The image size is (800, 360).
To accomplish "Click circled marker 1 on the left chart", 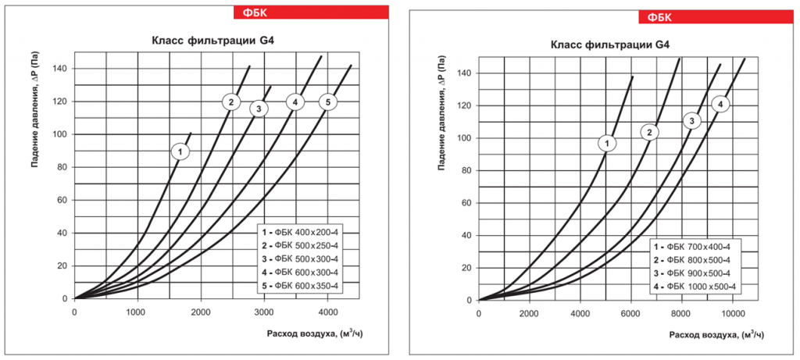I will (x=180, y=151).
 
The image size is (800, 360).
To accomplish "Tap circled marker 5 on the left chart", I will (x=329, y=102).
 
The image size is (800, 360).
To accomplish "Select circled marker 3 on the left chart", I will (x=259, y=109).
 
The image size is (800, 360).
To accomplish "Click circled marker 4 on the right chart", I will (x=722, y=105).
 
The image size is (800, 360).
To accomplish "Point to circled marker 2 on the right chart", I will (x=648, y=133).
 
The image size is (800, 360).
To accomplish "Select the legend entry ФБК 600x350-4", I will (x=302, y=286).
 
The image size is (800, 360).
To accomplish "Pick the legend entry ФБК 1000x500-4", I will (x=698, y=288).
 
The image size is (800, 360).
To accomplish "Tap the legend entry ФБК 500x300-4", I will (x=302, y=258).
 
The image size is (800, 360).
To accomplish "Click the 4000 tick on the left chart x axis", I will (x=328, y=312).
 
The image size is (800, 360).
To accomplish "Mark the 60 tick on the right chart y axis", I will (x=466, y=203).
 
